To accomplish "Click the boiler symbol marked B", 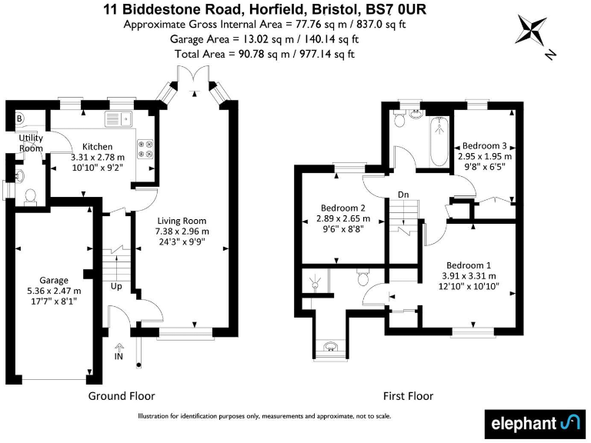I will [20, 118].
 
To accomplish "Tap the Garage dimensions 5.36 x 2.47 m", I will [55, 291].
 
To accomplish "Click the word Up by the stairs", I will [116, 286].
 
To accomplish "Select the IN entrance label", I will [119, 357].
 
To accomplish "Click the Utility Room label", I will [31, 142].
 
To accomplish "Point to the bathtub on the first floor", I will [439, 141].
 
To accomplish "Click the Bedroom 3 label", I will [483, 145].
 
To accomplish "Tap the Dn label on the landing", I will [402, 195].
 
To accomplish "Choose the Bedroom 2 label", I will [341, 208].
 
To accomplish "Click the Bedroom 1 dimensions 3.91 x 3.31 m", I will [469, 275].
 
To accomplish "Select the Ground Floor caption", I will [122, 396].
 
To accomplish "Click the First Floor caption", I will [408, 396].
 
